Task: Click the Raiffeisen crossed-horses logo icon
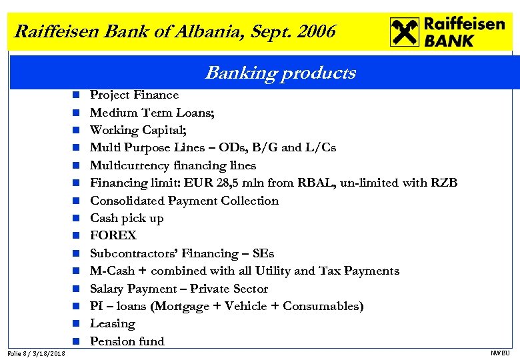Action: pyautogui.click(x=404, y=32)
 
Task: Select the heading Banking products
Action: pyautogui.click(x=280, y=73)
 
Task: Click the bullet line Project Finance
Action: pyautogui.click(x=134, y=95)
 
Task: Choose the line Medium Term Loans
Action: pyautogui.click(x=152, y=113)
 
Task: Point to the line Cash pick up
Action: pyautogui.click(x=127, y=218)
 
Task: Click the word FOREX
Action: pyautogui.click(x=113, y=235)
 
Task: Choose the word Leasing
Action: pyautogui.click(x=112, y=323)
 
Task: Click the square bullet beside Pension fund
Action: pyautogui.click(x=77, y=341)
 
